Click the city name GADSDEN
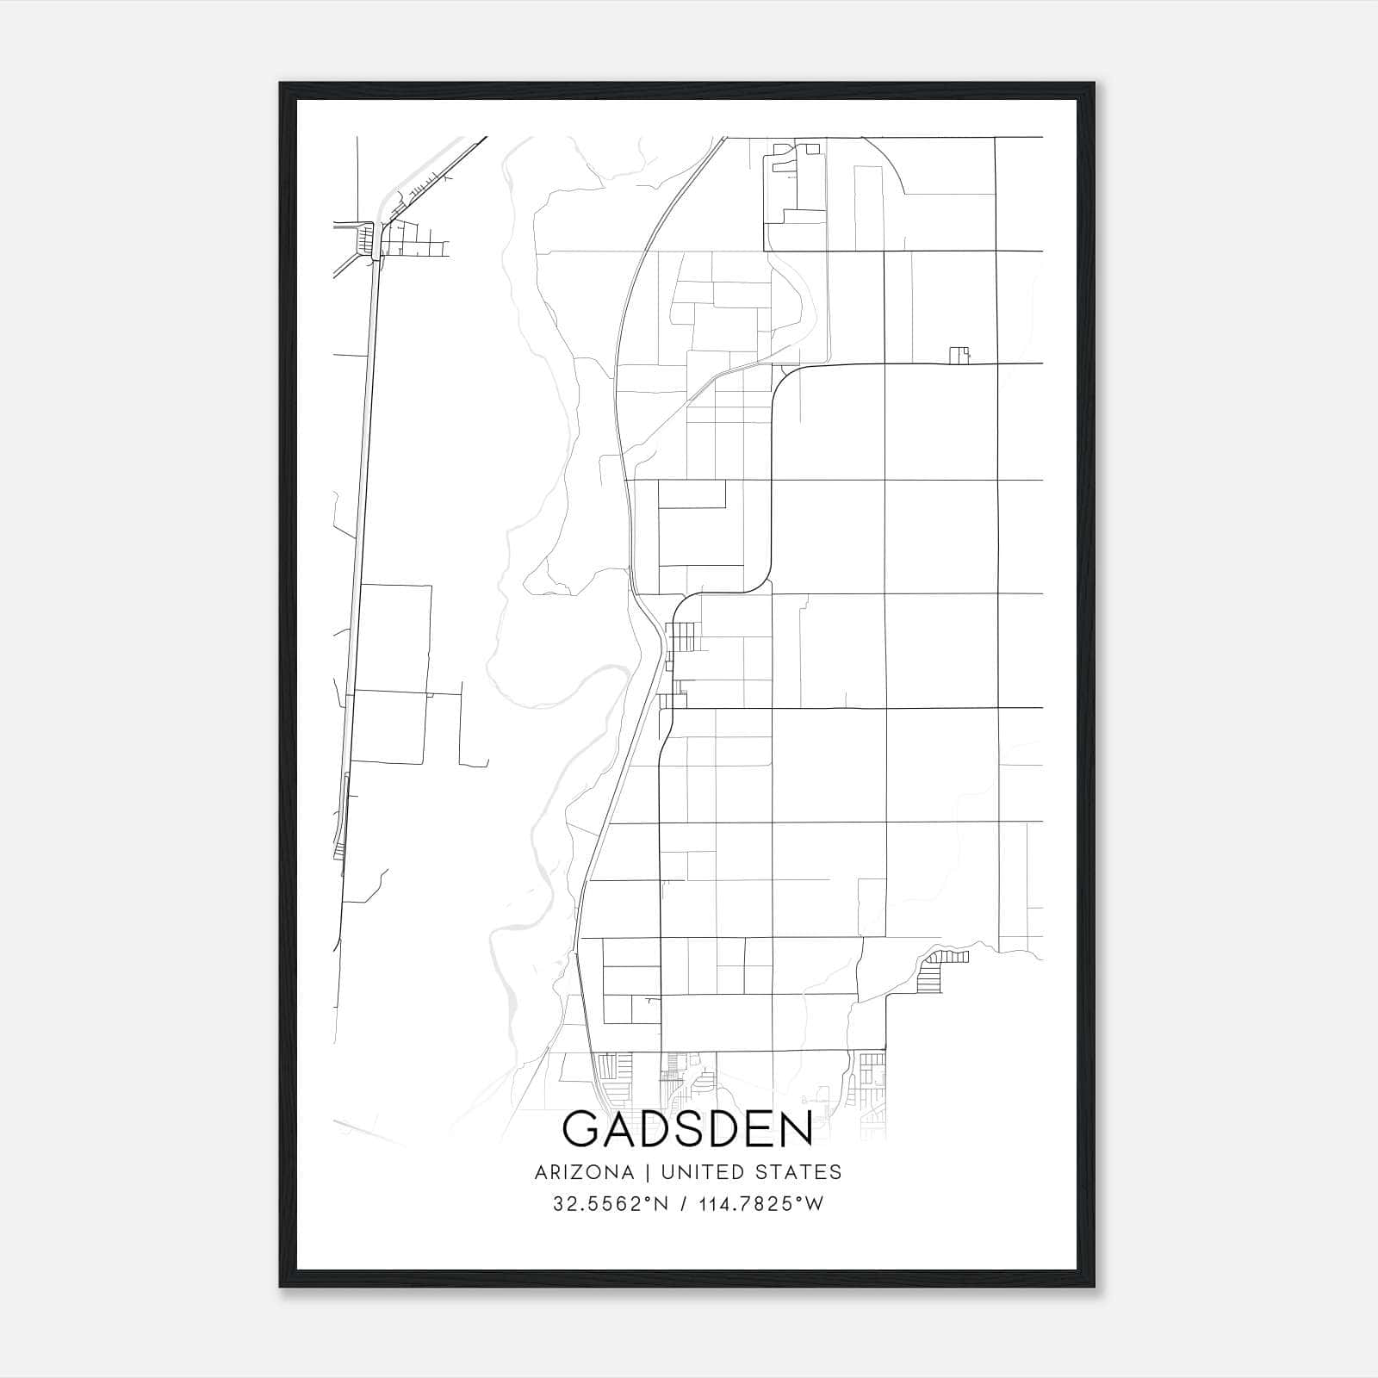pos(688,1130)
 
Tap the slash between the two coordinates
pos(683,1204)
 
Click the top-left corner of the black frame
pos(281,84)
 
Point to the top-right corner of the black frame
pos(1094,84)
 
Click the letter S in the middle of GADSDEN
pos(687,1130)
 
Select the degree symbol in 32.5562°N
pos(650,1199)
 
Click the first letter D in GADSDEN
pos(653,1130)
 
